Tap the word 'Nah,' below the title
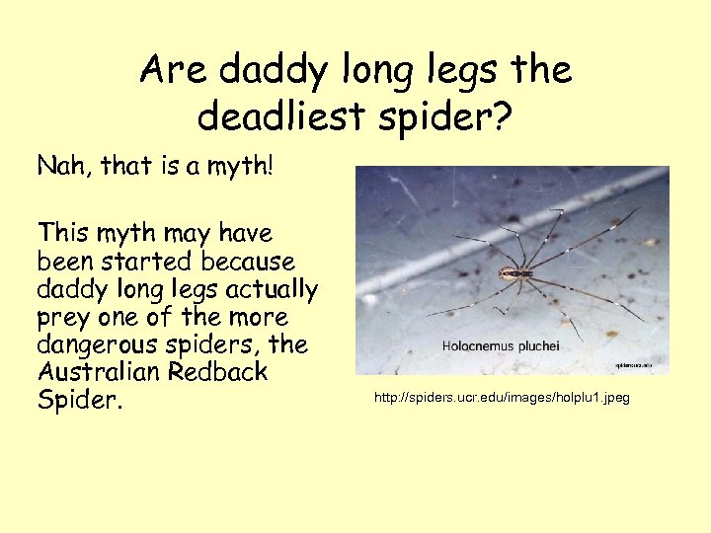click(x=64, y=166)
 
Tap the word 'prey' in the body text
click(x=63, y=319)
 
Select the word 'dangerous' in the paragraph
click(x=94, y=346)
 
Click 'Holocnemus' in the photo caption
click(x=480, y=347)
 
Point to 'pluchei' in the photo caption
click(x=538, y=347)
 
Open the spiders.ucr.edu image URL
click(x=502, y=398)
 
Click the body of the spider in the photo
click(x=511, y=272)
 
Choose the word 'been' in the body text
click(x=66, y=262)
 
